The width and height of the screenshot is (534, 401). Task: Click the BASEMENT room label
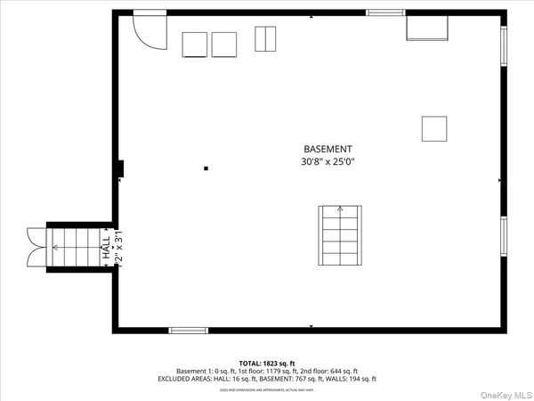click(328, 149)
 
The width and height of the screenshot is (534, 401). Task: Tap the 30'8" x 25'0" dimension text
click(328, 162)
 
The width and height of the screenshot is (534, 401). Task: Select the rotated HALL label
click(106, 248)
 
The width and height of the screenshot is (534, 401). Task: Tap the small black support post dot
click(206, 168)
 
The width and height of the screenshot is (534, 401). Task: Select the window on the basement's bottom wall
click(188, 331)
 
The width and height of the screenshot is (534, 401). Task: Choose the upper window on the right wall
click(503, 47)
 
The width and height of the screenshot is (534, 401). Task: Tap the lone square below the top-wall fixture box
click(434, 128)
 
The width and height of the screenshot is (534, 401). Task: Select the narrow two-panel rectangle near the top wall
click(266, 39)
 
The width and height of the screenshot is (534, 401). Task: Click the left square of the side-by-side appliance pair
click(194, 45)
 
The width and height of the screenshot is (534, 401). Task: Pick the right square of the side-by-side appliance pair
click(224, 45)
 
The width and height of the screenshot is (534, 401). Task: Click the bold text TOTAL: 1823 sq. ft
click(267, 364)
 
